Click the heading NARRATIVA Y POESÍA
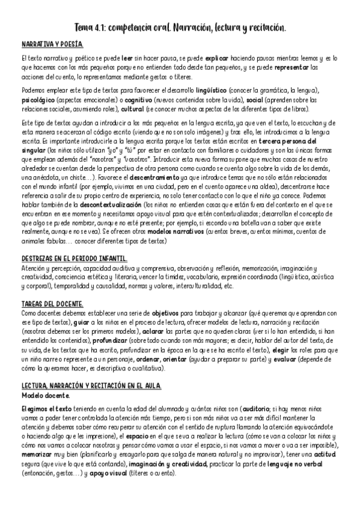[52, 45]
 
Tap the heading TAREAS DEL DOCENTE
[52, 304]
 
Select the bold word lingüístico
[213, 90]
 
